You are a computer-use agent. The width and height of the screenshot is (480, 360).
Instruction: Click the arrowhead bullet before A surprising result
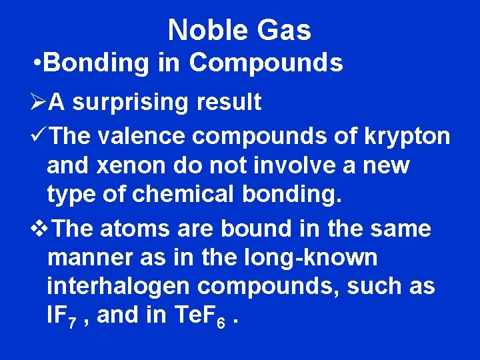[x=39, y=103]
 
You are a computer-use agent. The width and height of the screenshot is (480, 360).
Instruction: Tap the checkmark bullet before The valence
[x=39, y=136]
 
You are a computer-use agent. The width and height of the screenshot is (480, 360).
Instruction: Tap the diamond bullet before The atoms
[x=40, y=229]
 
